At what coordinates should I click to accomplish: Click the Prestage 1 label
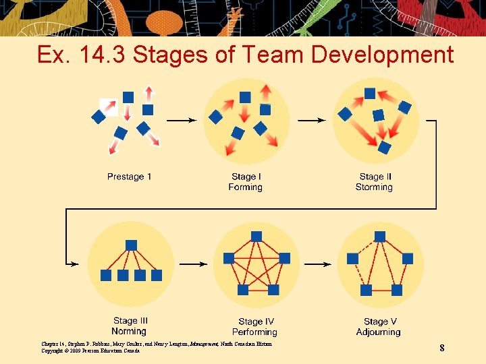(x=129, y=177)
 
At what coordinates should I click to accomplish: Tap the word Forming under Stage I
(x=245, y=187)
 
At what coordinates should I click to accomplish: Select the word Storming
(x=374, y=187)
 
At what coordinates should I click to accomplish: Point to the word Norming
(x=129, y=331)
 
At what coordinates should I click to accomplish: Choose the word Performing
(x=254, y=332)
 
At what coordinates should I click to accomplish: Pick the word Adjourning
(x=378, y=332)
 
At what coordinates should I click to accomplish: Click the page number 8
(x=441, y=348)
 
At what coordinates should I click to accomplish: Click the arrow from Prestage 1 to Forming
(x=181, y=121)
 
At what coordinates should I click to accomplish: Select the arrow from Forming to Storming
(x=311, y=121)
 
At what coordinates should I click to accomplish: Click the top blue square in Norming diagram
(x=132, y=245)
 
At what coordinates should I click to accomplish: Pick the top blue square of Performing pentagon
(x=256, y=236)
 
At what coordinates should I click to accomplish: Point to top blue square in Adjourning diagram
(x=380, y=237)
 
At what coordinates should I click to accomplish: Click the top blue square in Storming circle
(x=370, y=93)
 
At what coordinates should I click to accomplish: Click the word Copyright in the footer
(x=54, y=351)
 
